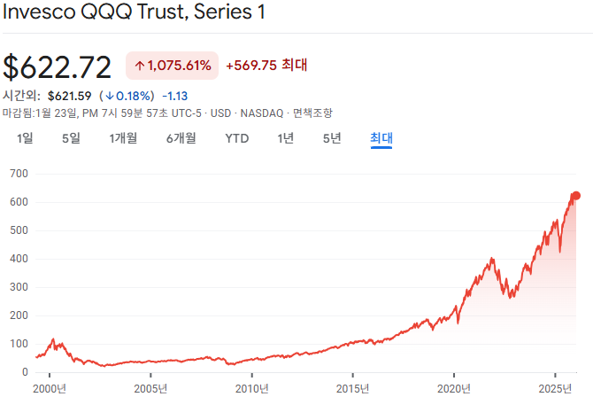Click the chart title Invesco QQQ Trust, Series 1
point(134,13)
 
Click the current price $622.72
point(58,66)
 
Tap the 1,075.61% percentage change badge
point(172,66)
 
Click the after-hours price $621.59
point(69,96)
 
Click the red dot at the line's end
point(575,196)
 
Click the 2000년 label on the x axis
point(50,388)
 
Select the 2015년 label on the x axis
point(352,388)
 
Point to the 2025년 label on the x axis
point(554,388)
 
